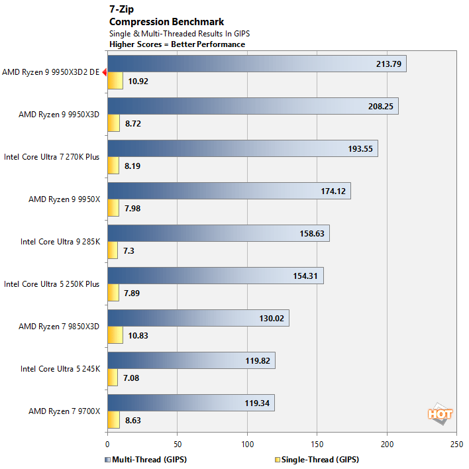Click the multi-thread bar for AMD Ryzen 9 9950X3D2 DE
(256, 64)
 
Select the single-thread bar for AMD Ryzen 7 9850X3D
(115, 335)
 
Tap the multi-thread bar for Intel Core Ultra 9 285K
(218, 233)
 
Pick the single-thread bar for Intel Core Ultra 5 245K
(112, 378)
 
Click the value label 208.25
(379, 106)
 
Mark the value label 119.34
(255, 403)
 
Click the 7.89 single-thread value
(133, 293)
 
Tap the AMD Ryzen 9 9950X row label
(64, 199)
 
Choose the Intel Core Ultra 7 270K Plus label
(52, 156)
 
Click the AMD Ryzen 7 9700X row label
(64, 411)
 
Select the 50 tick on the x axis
(177, 445)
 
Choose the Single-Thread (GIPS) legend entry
(317, 459)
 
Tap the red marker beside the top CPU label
(104, 72)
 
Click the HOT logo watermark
(440, 413)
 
